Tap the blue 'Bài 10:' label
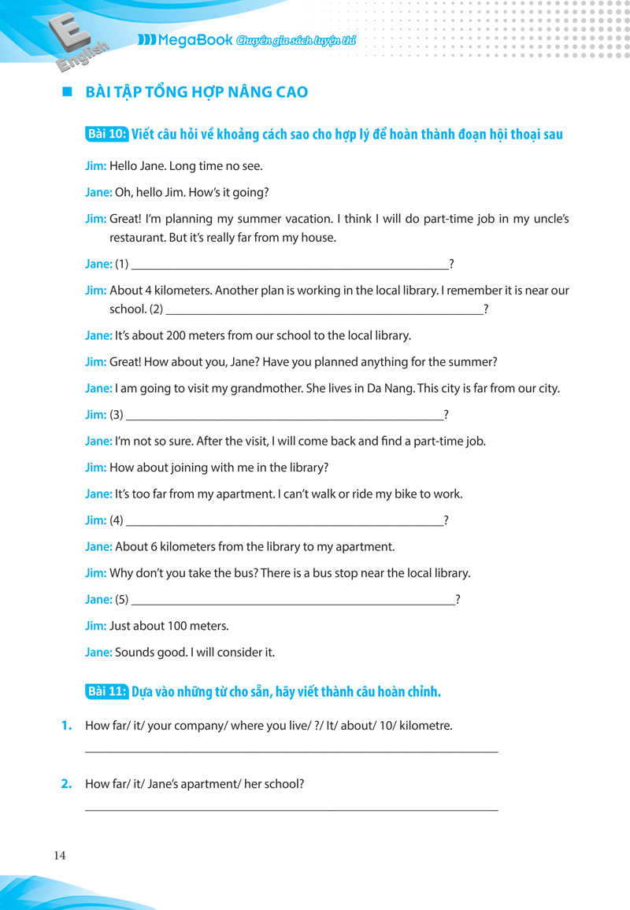(x=106, y=134)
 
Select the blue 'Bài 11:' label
(x=106, y=692)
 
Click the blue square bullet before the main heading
(x=67, y=92)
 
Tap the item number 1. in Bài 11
(x=67, y=726)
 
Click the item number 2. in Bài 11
(x=67, y=784)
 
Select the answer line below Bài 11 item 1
(x=291, y=752)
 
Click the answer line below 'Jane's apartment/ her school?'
(x=291, y=810)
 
